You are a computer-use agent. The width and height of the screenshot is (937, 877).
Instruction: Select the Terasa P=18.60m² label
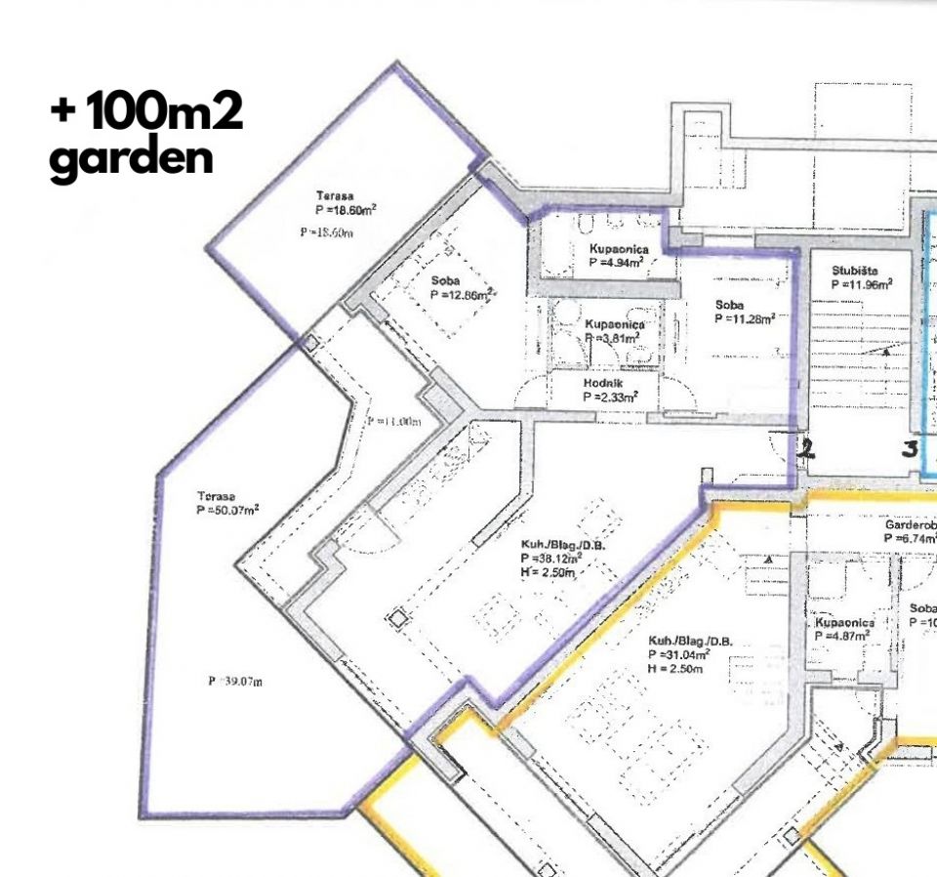click(346, 202)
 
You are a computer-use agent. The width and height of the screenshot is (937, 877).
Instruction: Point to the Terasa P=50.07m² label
click(226, 502)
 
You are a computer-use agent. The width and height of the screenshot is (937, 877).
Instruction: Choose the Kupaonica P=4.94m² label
click(618, 256)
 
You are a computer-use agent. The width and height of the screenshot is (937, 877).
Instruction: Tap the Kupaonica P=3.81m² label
click(612, 330)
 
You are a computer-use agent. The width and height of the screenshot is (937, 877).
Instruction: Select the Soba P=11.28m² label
click(744, 312)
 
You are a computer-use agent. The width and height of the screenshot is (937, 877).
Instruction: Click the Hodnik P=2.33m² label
click(610, 390)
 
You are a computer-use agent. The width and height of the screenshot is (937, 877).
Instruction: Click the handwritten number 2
click(806, 448)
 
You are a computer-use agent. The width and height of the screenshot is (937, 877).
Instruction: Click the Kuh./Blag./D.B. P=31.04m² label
click(689, 647)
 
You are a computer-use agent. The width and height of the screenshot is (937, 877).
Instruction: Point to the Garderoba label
click(910, 530)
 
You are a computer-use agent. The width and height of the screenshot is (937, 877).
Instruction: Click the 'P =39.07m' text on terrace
click(235, 681)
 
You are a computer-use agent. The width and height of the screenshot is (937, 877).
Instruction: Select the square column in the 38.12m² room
click(396, 619)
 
